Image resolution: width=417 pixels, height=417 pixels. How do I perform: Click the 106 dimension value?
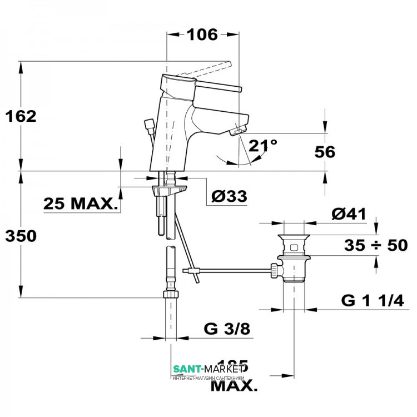(x=201, y=34)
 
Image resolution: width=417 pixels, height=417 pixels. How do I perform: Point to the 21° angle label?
(x=262, y=146)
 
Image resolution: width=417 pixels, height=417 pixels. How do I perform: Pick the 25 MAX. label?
(x=82, y=204)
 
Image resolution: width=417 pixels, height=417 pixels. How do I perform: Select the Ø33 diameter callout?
(x=229, y=196)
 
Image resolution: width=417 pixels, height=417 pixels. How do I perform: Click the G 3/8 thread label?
(x=227, y=329)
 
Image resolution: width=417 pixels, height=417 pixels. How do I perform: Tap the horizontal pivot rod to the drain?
(x=234, y=271)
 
